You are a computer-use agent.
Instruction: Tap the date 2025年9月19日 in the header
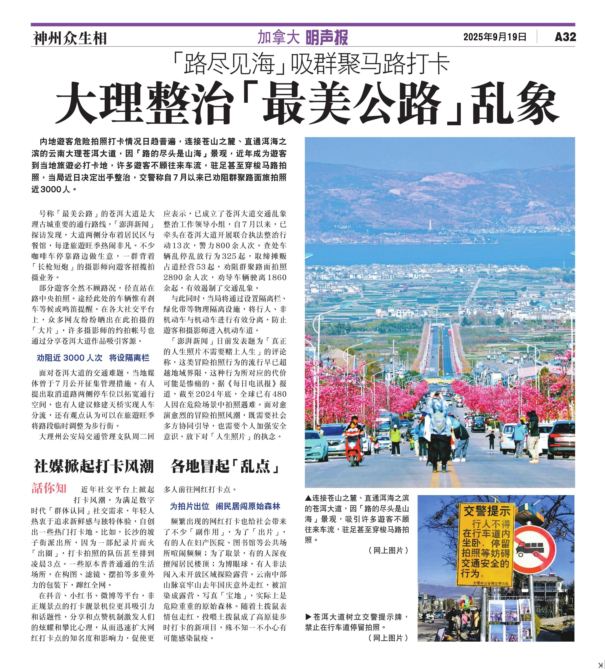point(495,37)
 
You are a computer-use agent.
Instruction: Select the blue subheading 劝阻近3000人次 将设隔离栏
point(93,358)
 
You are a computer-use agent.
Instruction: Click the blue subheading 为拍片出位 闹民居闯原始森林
point(225,506)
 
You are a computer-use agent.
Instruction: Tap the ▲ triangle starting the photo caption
point(308,498)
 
